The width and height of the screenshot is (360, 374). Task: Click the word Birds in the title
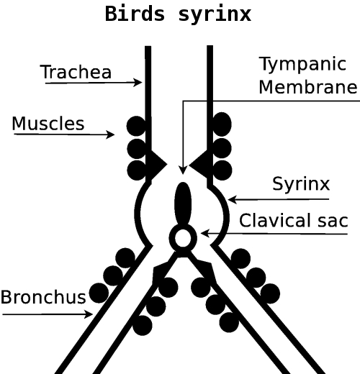[x=135, y=14]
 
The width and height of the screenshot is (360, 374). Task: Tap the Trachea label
[x=76, y=72]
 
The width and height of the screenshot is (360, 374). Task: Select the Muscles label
[x=48, y=124]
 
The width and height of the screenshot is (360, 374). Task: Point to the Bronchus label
[x=43, y=297]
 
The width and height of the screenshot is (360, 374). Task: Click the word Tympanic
[x=302, y=65]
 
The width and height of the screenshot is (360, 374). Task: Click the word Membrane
[x=308, y=87]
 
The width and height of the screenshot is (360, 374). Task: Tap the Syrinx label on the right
[x=301, y=185]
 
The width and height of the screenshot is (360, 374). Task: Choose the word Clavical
[x=275, y=220]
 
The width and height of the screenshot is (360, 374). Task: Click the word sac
[x=333, y=221]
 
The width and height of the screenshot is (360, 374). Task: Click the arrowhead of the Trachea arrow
[x=138, y=83]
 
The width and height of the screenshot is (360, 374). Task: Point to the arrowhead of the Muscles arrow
[x=111, y=134]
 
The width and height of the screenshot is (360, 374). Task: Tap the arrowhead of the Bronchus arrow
[x=89, y=314]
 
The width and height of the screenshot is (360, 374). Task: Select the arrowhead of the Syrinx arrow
[x=232, y=199]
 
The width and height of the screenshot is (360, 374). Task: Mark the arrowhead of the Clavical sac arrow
[x=204, y=233]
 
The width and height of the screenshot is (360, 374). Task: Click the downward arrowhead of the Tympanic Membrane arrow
[x=183, y=170]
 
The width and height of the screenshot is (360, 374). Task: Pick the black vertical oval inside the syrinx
[x=183, y=204]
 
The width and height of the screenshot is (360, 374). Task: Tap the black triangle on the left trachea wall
[x=156, y=165]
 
